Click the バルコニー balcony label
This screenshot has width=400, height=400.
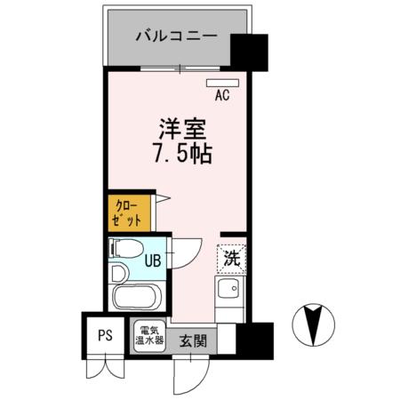[x=175, y=37]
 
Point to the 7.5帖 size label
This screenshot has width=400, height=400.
[x=182, y=154]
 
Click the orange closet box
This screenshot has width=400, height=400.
[x=123, y=213]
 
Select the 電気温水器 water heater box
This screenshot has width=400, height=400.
[x=148, y=336]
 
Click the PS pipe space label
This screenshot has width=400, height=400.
[x=105, y=337]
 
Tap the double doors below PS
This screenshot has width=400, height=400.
[x=104, y=366]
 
